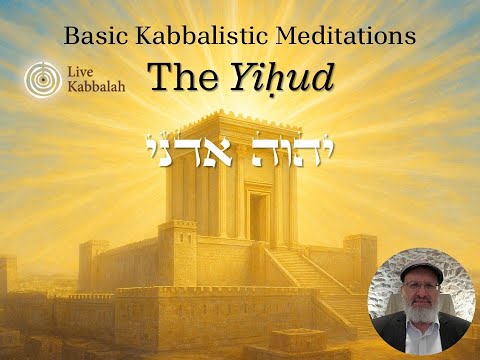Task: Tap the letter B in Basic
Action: coord(71,37)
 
